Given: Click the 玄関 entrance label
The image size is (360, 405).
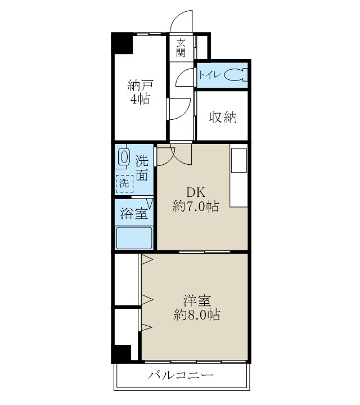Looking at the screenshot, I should click(x=181, y=47).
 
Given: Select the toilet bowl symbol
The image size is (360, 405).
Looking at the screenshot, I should click(x=236, y=75).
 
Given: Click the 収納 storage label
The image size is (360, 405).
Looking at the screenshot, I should click(x=222, y=118).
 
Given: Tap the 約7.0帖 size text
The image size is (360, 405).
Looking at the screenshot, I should click(x=195, y=206).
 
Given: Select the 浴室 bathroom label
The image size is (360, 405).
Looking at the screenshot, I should click(x=134, y=214).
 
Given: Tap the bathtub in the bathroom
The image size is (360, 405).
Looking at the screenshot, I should click(x=134, y=237).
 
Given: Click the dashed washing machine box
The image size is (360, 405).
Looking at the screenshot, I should click(x=125, y=183).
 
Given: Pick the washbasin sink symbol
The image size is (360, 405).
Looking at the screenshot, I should click(x=123, y=157).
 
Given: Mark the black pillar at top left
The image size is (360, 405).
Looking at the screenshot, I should click(x=121, y=44).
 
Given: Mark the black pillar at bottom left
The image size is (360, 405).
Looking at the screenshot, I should click(x=121, y=353).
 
